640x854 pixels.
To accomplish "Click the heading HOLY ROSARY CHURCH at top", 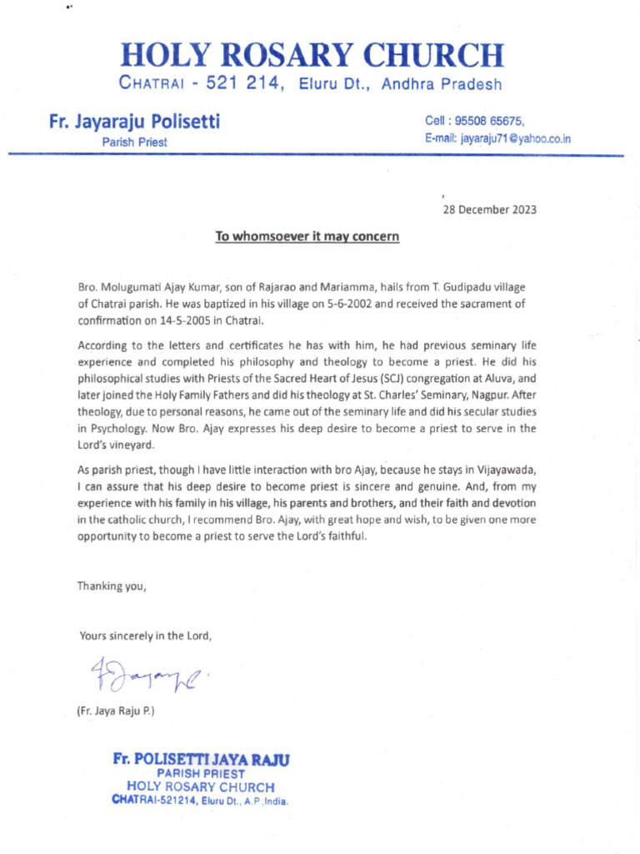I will pyautogui.click(x=312, y=55).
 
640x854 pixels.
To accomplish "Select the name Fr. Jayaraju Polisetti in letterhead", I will pyautogui.click(x=134, y=123).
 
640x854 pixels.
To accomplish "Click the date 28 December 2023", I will pyautogui.click(x=489, y=209).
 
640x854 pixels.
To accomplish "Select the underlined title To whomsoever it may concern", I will pyautogui.click(x=307, y=237).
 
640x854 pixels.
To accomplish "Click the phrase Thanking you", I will pyautogui.click(x=112, y=585).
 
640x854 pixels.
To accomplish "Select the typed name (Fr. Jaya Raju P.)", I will pyautogui.click(x=116, y=711).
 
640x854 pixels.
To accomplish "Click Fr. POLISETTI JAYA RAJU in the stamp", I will pyautogui.click(x=201, y=760).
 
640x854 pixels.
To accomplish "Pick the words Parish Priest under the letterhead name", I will pyautogui.click(x=134, y=143).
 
